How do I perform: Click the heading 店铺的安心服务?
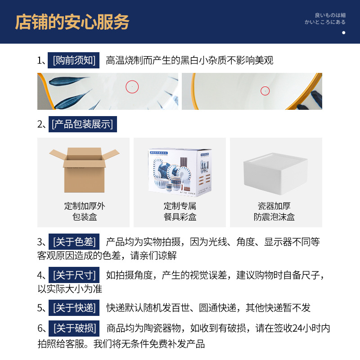click(72, 22)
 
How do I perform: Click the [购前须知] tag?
click(74, 60)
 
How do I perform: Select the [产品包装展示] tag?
click(82, 124)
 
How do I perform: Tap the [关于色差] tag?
click(74, 242)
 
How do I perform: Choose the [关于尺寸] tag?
click(74, 275)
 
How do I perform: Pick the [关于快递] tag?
click(74, 308)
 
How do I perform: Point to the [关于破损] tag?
click(74, 328)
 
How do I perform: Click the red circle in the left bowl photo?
click(132, 86)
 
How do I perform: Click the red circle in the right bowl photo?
click(265, 91)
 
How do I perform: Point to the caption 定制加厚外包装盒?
click(84, 211)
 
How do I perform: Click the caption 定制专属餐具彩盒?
click(180, 211)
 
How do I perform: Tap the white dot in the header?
click(343, 32)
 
